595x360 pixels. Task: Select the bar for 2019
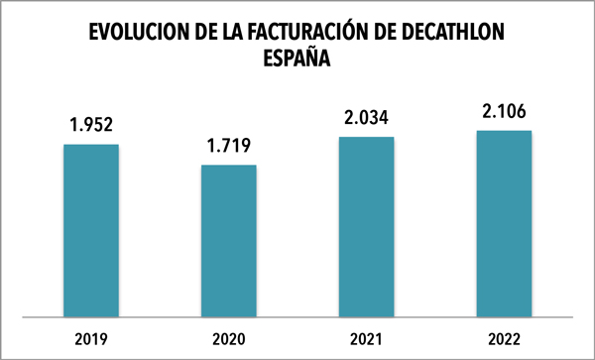(x=91, y=230)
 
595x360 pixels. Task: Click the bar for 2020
(x=229, y=241)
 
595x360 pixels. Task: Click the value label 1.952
(x=91, y=126)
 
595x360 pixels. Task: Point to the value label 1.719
(x=229, y=147)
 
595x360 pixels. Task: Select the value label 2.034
(x=367, y=118)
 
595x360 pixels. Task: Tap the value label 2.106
(x=504, y=111)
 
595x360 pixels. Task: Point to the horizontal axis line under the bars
(x=297, y=318)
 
